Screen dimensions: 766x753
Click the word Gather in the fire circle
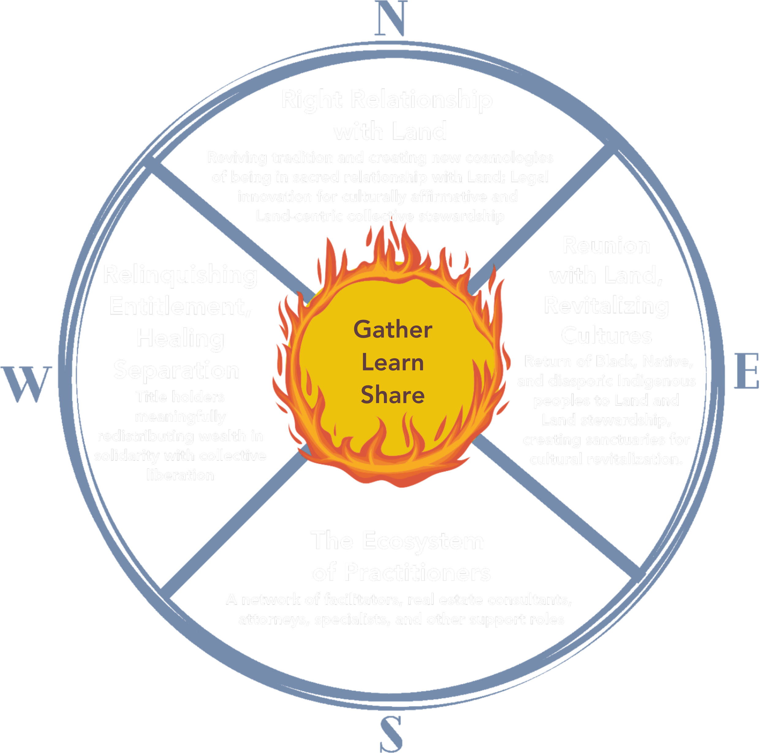393,329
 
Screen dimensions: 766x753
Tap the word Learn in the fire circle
393,363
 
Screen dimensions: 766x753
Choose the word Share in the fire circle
393,395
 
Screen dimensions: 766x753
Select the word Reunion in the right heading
606,245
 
